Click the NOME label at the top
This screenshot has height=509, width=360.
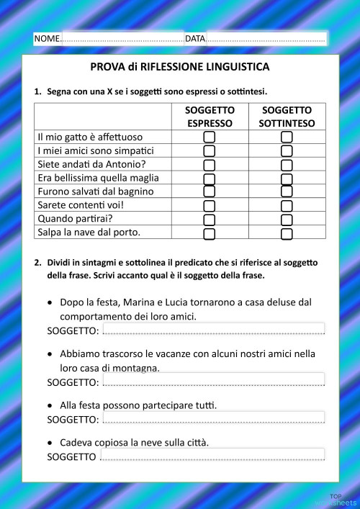tap(48, 38)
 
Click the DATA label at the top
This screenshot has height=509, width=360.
tap(195, 38)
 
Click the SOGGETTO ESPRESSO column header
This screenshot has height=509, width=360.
tap(210, 117)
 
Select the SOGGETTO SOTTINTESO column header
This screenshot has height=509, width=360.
tap(287, 117)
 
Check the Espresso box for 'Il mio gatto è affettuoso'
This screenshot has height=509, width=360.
tap(210, 137)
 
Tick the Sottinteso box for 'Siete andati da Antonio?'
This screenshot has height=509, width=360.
tap(287, 164)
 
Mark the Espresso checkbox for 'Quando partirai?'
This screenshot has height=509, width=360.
tap(210, 220)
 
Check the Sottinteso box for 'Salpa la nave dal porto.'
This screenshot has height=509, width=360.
tap(287, 233)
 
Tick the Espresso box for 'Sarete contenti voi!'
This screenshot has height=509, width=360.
tap(210, 206)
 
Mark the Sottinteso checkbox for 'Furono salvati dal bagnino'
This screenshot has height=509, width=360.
tap(287, 192)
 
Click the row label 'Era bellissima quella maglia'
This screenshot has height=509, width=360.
tap(98, 178)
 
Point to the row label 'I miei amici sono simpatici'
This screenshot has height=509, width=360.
tap(96, 150)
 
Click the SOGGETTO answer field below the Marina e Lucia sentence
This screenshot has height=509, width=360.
tap(213, 329)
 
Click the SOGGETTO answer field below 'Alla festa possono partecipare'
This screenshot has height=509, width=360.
tap(213, 417)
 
